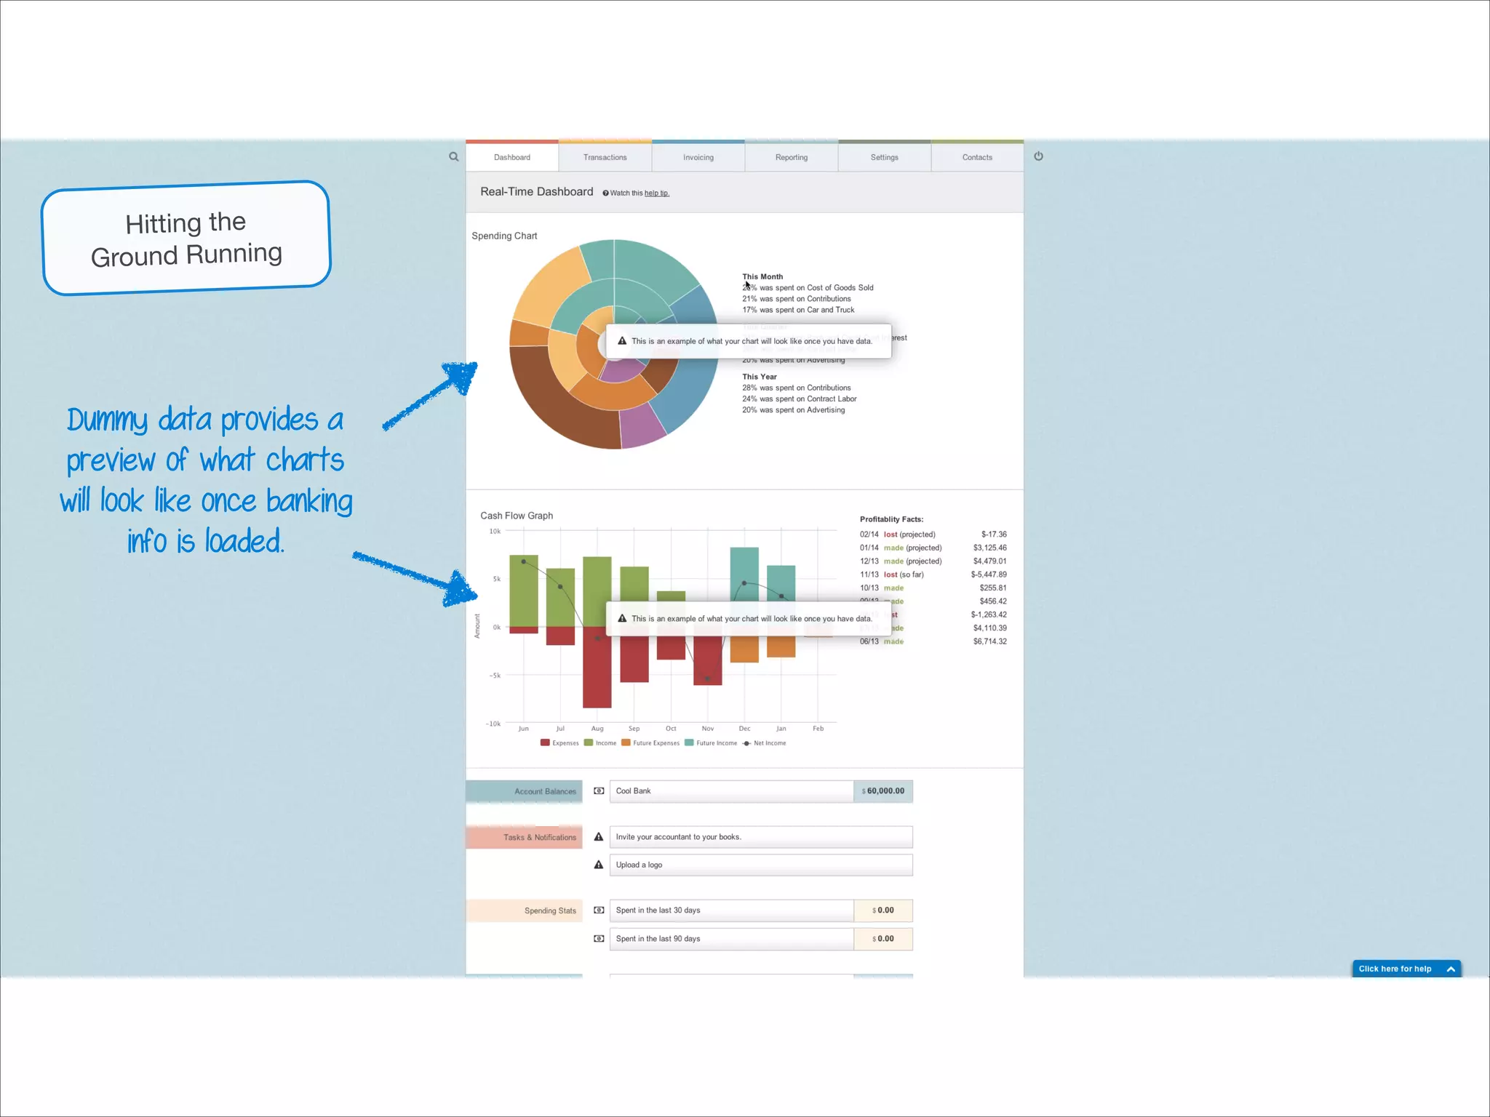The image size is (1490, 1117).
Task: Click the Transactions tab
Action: pos(605,157)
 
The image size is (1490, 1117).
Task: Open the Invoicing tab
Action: pos(698,157)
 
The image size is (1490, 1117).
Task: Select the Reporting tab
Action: pos(791,157)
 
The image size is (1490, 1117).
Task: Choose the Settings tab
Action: pos(884,157)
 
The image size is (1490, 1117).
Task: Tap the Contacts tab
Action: pos(977,157)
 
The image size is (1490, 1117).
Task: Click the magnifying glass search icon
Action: pos(454,156)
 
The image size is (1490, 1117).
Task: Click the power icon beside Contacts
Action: pos(1038,156)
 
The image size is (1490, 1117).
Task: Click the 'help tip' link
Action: pos(656,193)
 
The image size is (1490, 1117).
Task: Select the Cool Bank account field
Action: pos(730,791)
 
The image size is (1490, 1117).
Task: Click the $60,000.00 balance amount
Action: pos(883,791)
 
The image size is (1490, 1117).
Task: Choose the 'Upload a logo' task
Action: pos(760,865)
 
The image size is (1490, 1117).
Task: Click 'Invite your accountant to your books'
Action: pos(760,837)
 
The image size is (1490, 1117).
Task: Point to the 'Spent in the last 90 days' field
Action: pos(730,939)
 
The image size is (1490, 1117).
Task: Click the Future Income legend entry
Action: pos(712,743)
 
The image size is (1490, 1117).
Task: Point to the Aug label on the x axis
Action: pos(597,729)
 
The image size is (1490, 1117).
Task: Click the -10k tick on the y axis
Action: pos(493,724)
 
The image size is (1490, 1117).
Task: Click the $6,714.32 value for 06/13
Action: pos(989,641)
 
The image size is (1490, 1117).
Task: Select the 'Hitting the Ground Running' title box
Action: pos(186,239)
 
